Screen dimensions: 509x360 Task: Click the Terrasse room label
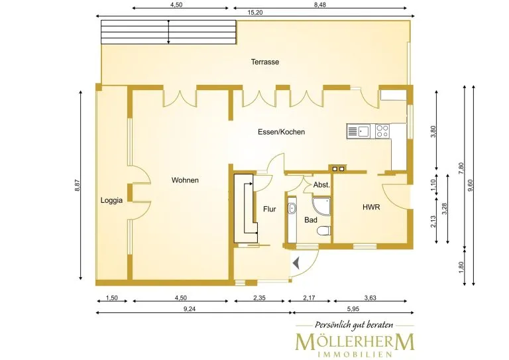click(265, 62)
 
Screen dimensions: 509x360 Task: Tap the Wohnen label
click(185, 180)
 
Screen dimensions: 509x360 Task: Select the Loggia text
click(111, 200)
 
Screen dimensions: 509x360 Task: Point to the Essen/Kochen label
click(282, 132)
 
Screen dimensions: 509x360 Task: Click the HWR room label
click(371, 207)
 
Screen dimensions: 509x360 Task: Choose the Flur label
click(270, 210)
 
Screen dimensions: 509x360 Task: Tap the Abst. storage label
click(321, 186)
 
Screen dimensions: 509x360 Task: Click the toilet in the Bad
click(323, 231)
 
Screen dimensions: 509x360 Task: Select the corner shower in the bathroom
click(321, 206)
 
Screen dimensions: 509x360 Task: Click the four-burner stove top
click(382, 131)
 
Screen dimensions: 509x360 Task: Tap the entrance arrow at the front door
click(296, 263)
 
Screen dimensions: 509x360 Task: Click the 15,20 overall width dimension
click(255, 13)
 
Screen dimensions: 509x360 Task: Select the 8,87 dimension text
click(78, 186)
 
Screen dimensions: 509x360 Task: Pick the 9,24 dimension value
click(190, 309)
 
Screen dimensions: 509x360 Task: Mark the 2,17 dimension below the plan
click(309, 298)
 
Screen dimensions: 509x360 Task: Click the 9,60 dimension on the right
click(471, 186)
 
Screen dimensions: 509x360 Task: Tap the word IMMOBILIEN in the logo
click(355, 354)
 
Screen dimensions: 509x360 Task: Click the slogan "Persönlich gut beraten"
click(354, 325)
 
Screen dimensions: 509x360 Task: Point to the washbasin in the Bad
click(292, 208)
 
